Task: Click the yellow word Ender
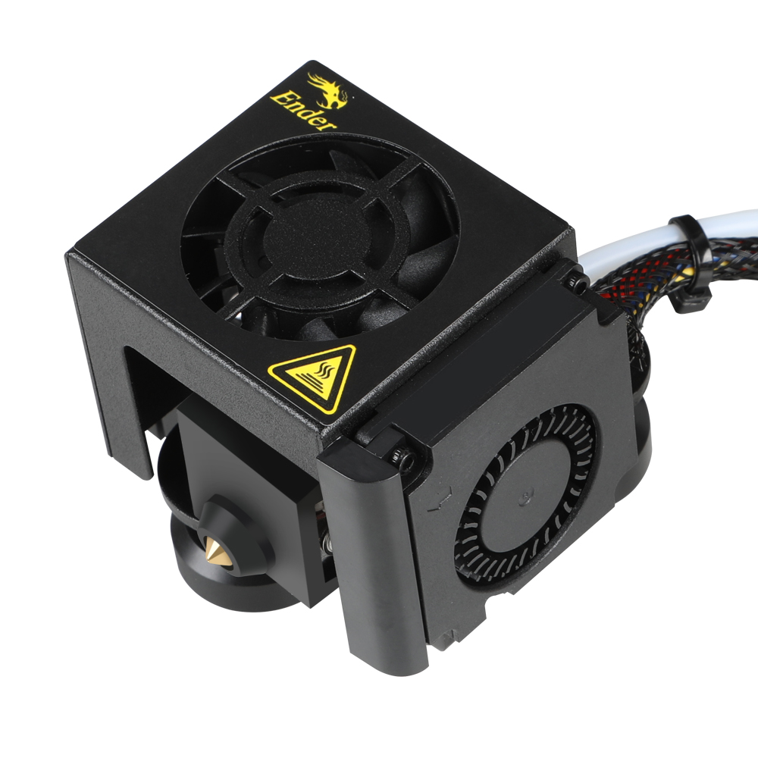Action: pos(302,111)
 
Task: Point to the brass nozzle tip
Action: pos(214,550)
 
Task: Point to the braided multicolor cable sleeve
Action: pos(677,271)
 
